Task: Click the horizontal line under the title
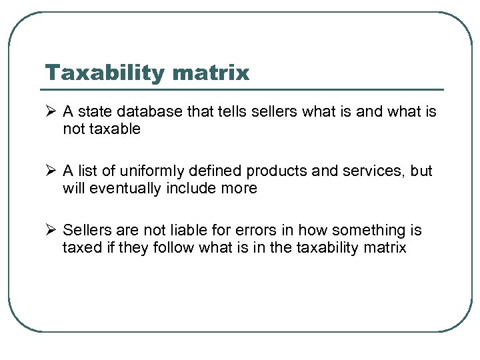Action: coord(244,89)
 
